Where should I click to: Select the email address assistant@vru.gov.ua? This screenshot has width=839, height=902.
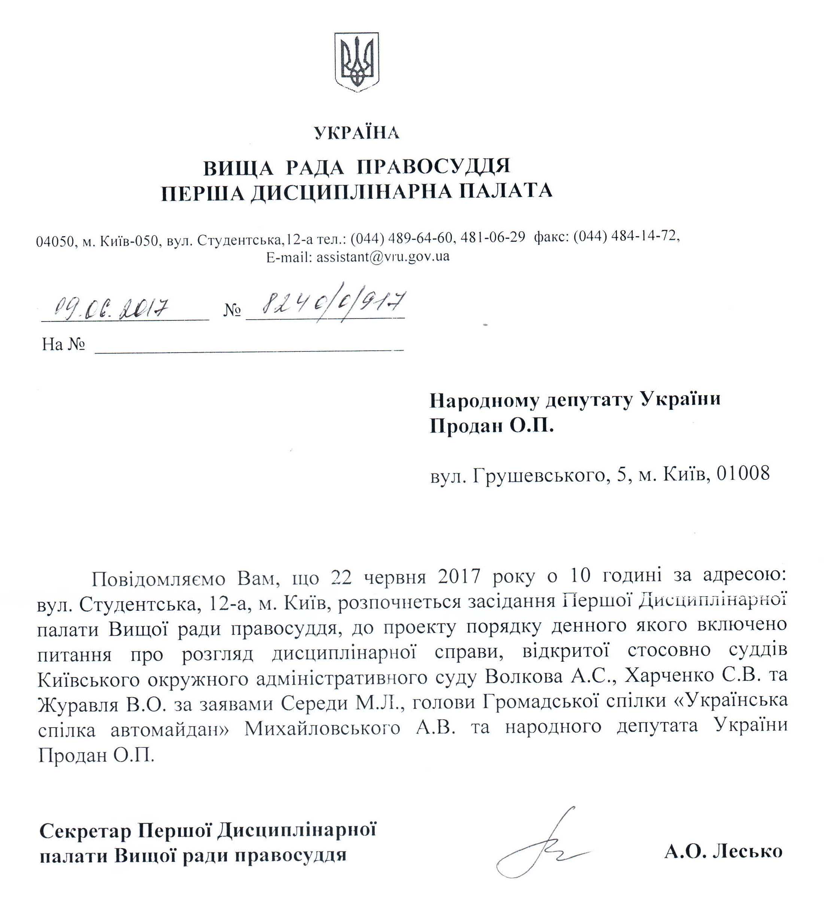(x=383, y=257)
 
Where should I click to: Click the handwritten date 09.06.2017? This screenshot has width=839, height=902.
(x=112, y=308)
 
